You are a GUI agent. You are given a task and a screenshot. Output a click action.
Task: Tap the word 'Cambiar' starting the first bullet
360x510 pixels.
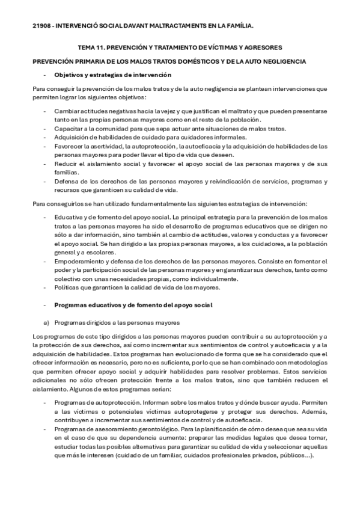(66, 112)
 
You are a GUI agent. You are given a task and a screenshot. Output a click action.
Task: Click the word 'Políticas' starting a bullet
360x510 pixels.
(67, 287)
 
